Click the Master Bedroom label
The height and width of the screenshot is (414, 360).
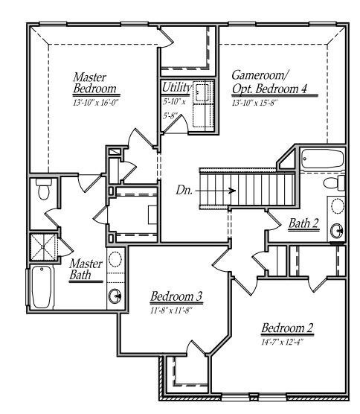[94, 83]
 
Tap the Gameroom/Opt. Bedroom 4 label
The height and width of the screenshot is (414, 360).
[269, 82]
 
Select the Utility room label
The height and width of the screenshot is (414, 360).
[176, 87]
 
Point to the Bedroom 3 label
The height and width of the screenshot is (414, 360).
[176, 296]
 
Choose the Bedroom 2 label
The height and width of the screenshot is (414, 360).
[287, 328]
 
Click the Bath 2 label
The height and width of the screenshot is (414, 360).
[303, 223]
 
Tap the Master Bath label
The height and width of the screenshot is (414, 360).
[86, 270]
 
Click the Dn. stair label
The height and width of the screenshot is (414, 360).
[184, 190]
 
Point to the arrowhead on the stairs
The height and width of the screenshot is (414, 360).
[232, 191]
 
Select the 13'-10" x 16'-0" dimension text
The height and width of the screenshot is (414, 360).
[96, 103]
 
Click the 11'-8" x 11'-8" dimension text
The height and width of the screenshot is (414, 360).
[171, 310]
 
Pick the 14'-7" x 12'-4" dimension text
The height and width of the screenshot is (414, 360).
[282, 343]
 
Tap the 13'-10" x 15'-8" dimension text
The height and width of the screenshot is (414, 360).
[255, 103]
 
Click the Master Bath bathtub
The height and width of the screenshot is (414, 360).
[42, 287]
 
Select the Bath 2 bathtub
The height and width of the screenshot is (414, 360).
[322, 159]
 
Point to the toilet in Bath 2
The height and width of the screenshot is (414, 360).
[334, 182]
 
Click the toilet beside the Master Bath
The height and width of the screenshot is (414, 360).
[44, 188]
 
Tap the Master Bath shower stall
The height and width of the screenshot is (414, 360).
[43, 247]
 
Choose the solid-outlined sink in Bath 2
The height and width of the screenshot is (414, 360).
[337, 229]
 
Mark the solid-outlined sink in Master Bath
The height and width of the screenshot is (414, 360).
[115, 296]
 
